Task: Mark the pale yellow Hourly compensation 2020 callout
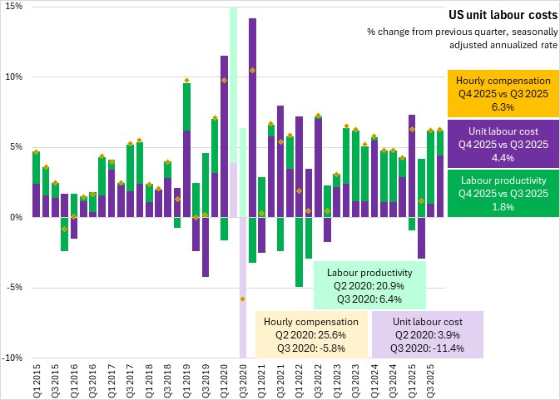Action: tap(310, 334)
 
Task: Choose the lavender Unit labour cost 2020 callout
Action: tap(426, 334)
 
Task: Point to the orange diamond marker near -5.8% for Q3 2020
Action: tap(243, 299)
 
